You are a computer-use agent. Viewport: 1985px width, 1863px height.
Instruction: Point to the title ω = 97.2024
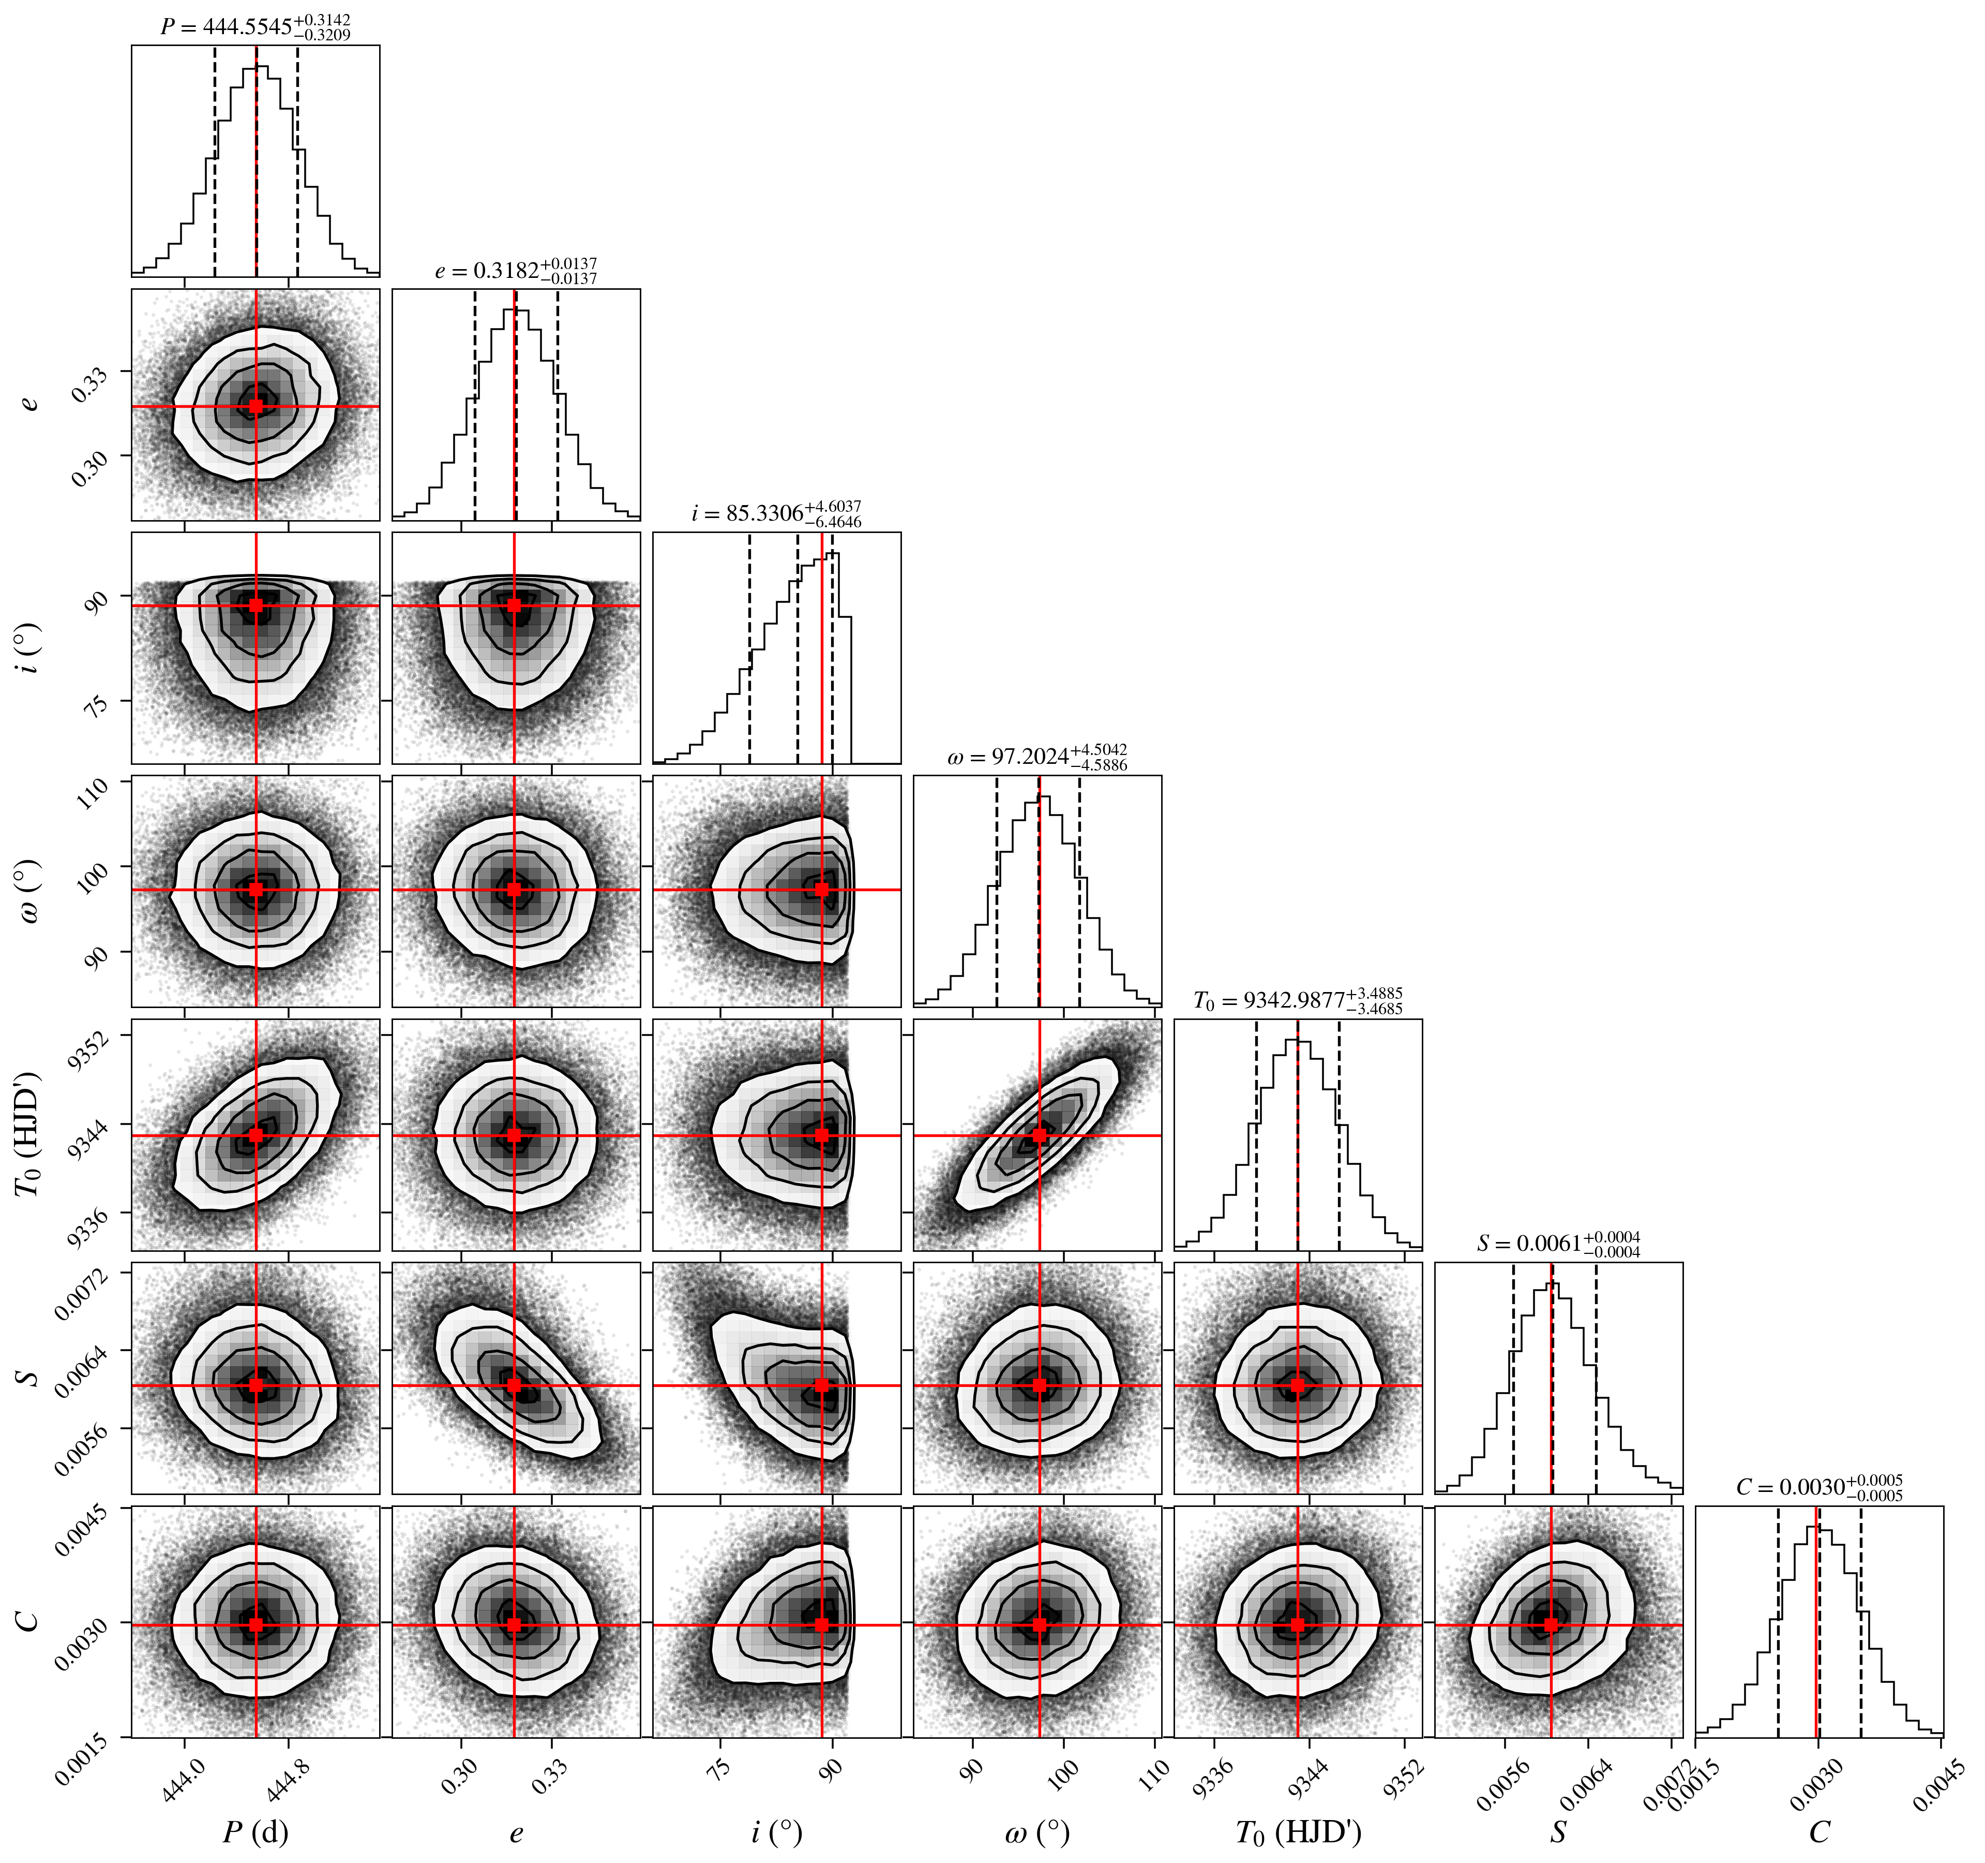click(x=1037, y=757)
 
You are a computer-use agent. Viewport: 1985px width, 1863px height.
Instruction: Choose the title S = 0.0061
click(x=1559, y=1244)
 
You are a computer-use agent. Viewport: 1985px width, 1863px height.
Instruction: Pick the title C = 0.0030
click(x=1819, y=1487)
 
